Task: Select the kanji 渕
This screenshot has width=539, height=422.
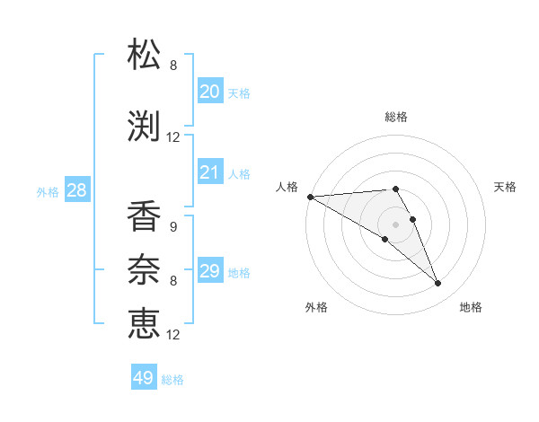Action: click(145, 126)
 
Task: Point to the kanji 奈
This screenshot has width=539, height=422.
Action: click(145, 268)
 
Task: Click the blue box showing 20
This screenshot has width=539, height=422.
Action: click(210, 92)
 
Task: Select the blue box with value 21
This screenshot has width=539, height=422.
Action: click(210, 172)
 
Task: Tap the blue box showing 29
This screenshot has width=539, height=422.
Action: click(210, 271)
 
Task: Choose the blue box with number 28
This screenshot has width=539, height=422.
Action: click(76, 190)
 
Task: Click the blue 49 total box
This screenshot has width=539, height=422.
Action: click(144, 378)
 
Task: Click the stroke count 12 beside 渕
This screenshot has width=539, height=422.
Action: click(173, 137)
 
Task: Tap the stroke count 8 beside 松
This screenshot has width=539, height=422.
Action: click(173, 65)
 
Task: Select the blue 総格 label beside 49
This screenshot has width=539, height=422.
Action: click(173, 380)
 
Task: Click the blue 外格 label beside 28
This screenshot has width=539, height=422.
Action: click(47, 191)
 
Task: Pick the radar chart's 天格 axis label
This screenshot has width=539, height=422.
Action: click(506, 187)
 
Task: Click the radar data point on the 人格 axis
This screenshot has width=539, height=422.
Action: click(310, 197)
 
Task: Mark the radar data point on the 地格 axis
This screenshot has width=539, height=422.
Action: click(438, 284)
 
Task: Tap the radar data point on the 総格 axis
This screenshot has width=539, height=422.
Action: click(395, 189)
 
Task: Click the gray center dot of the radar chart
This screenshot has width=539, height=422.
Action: click(395, 224)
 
